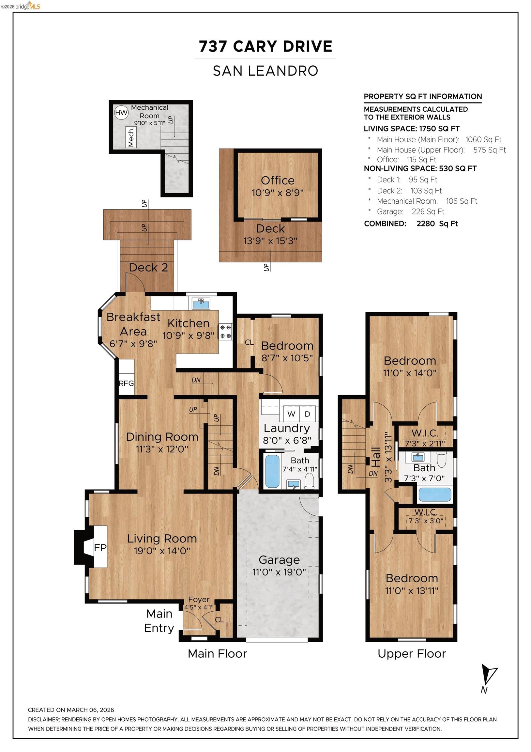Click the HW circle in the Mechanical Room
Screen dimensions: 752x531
click(x=121, y=113)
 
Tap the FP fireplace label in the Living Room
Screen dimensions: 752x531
click(x=100, y=547)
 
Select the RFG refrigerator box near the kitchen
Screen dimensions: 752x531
click(x=126, y=383)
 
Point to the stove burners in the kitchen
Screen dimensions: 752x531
click(x=225, y=331)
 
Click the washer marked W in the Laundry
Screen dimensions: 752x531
click(x=291, y=414)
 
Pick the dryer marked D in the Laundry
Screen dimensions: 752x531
click(x=307, y=414)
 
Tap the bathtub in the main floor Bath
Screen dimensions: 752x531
click(x=272, y=471)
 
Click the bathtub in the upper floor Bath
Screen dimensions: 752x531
click(x=434, y=494)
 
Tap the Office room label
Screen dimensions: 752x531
click(x=277, y=180)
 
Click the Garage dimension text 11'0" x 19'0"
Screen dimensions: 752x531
click(x=279, y=572)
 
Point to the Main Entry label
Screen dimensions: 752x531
click(x=159, y=621)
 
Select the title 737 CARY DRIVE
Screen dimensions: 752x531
click(x=265, y=46)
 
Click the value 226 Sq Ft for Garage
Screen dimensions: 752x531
click(x=428, y=211)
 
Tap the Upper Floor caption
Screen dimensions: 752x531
click(x=412, y=654)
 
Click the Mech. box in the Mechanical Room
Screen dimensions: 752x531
click(x=131, y=137)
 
